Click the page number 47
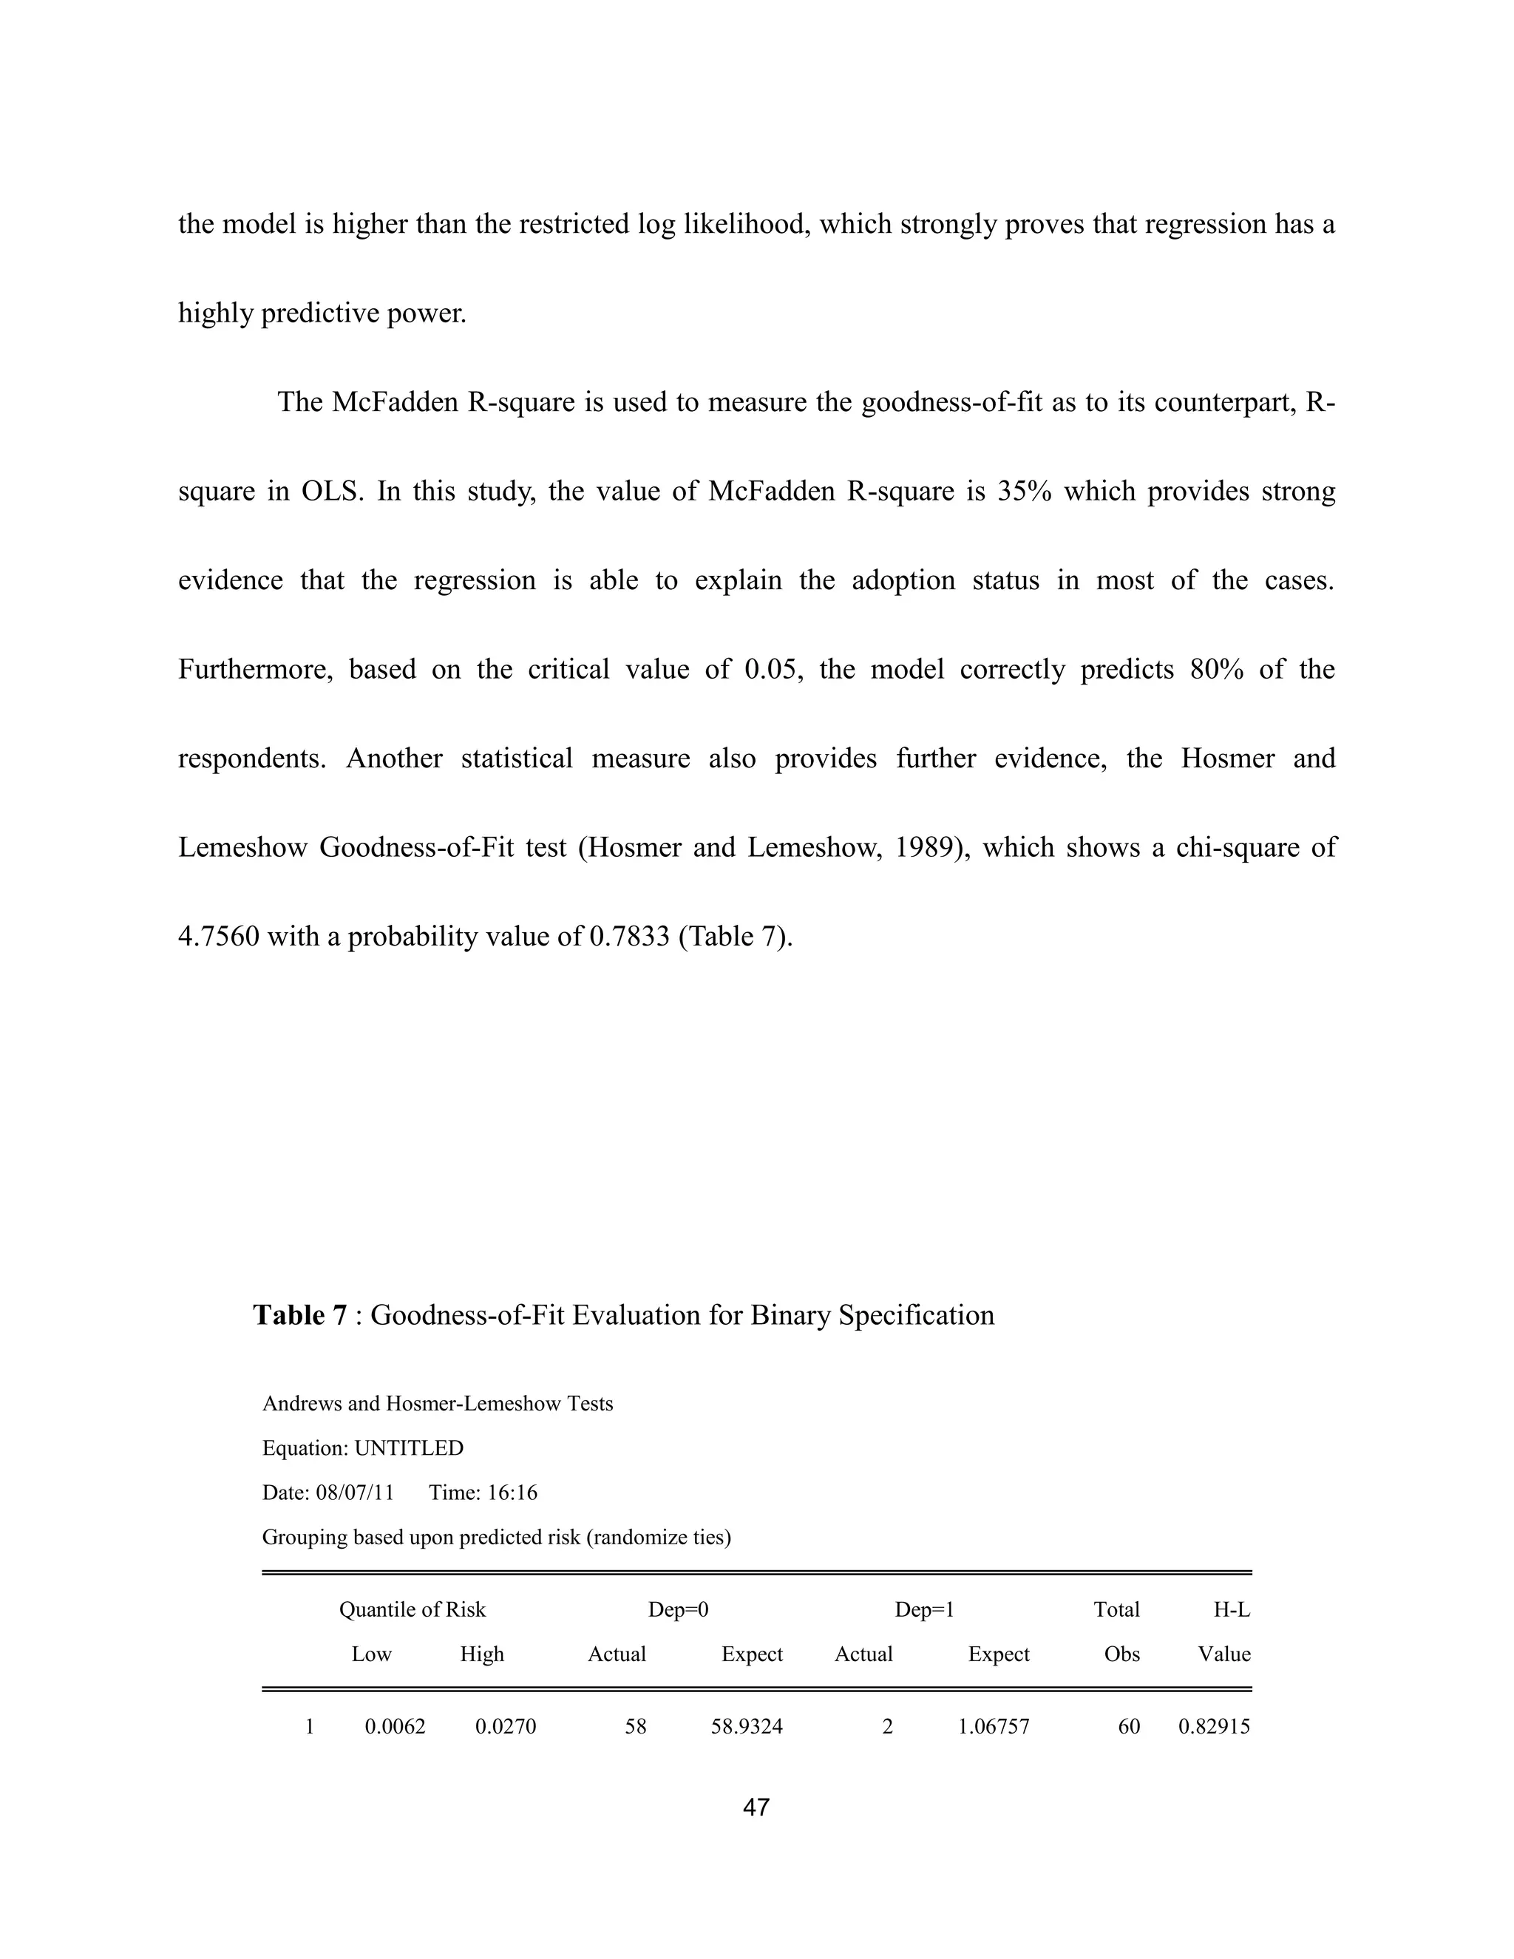click(x=756, y=1807)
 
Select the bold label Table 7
click(x=299, y=1315)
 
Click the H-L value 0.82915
click(x=1214, y=1726)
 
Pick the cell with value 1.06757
click(x=993, y=1726)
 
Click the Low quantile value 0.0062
click(x=395, y=1726)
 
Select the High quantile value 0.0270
click(x=505, y=1726)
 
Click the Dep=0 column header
click(x=678, y=1609)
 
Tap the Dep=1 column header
click(x=924, y=1609)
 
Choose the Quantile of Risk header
click(x=412, y=1609)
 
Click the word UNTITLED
click(x=409, y=1447)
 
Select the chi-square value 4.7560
click(x=219, y=937)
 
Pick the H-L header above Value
click(x=1232, y=1609)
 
